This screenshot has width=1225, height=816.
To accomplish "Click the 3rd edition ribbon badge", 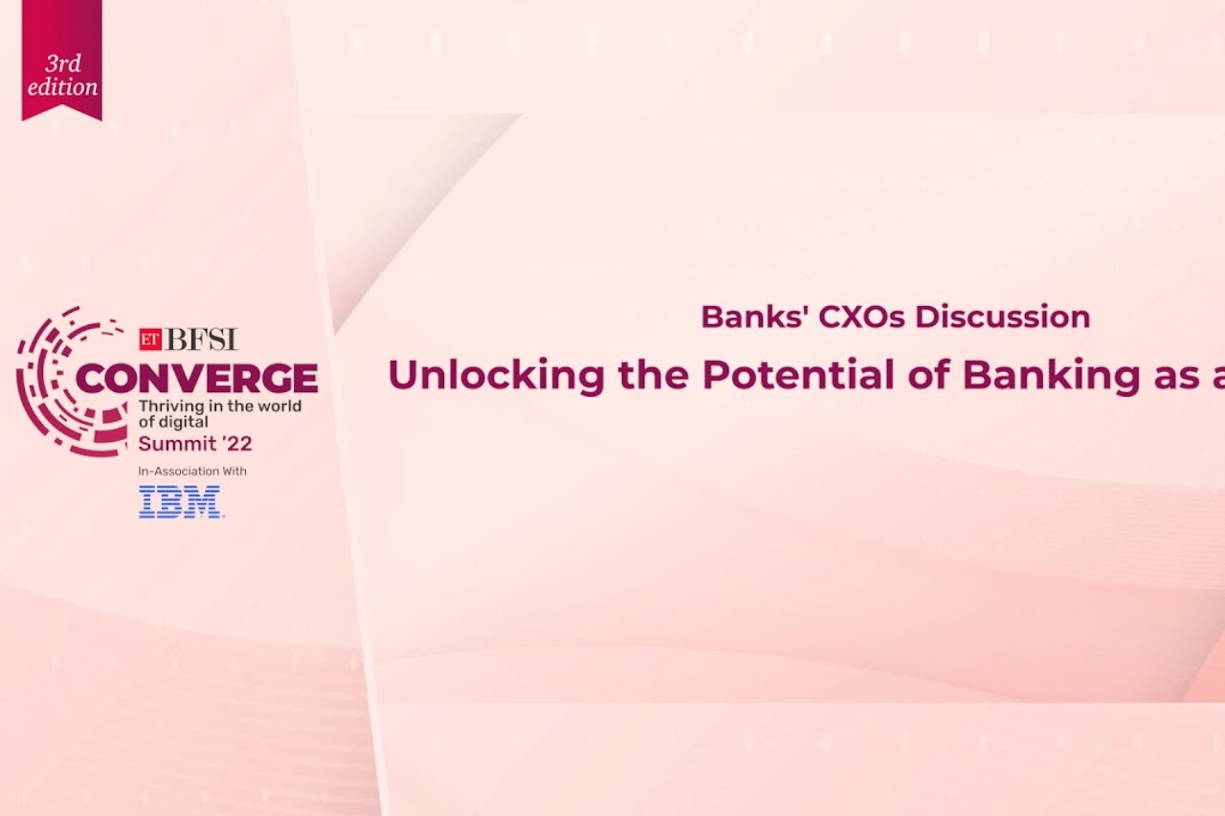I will pos(61,59).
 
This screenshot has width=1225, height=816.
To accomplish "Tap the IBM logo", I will pos(181,501).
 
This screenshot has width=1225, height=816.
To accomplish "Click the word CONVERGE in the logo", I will pos(196,379).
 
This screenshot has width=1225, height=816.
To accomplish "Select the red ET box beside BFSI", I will pos(149,339).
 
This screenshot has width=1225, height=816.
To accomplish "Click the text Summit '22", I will pos(195,444).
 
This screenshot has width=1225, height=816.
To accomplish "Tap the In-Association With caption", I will pos(192,471).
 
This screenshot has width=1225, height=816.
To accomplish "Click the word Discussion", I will pos(1002,317).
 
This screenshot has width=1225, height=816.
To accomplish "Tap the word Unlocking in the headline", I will pos(496,375).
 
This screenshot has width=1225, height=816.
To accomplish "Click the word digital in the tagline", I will pos(187,422).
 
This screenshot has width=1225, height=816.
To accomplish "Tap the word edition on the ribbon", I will pos(62,87).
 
